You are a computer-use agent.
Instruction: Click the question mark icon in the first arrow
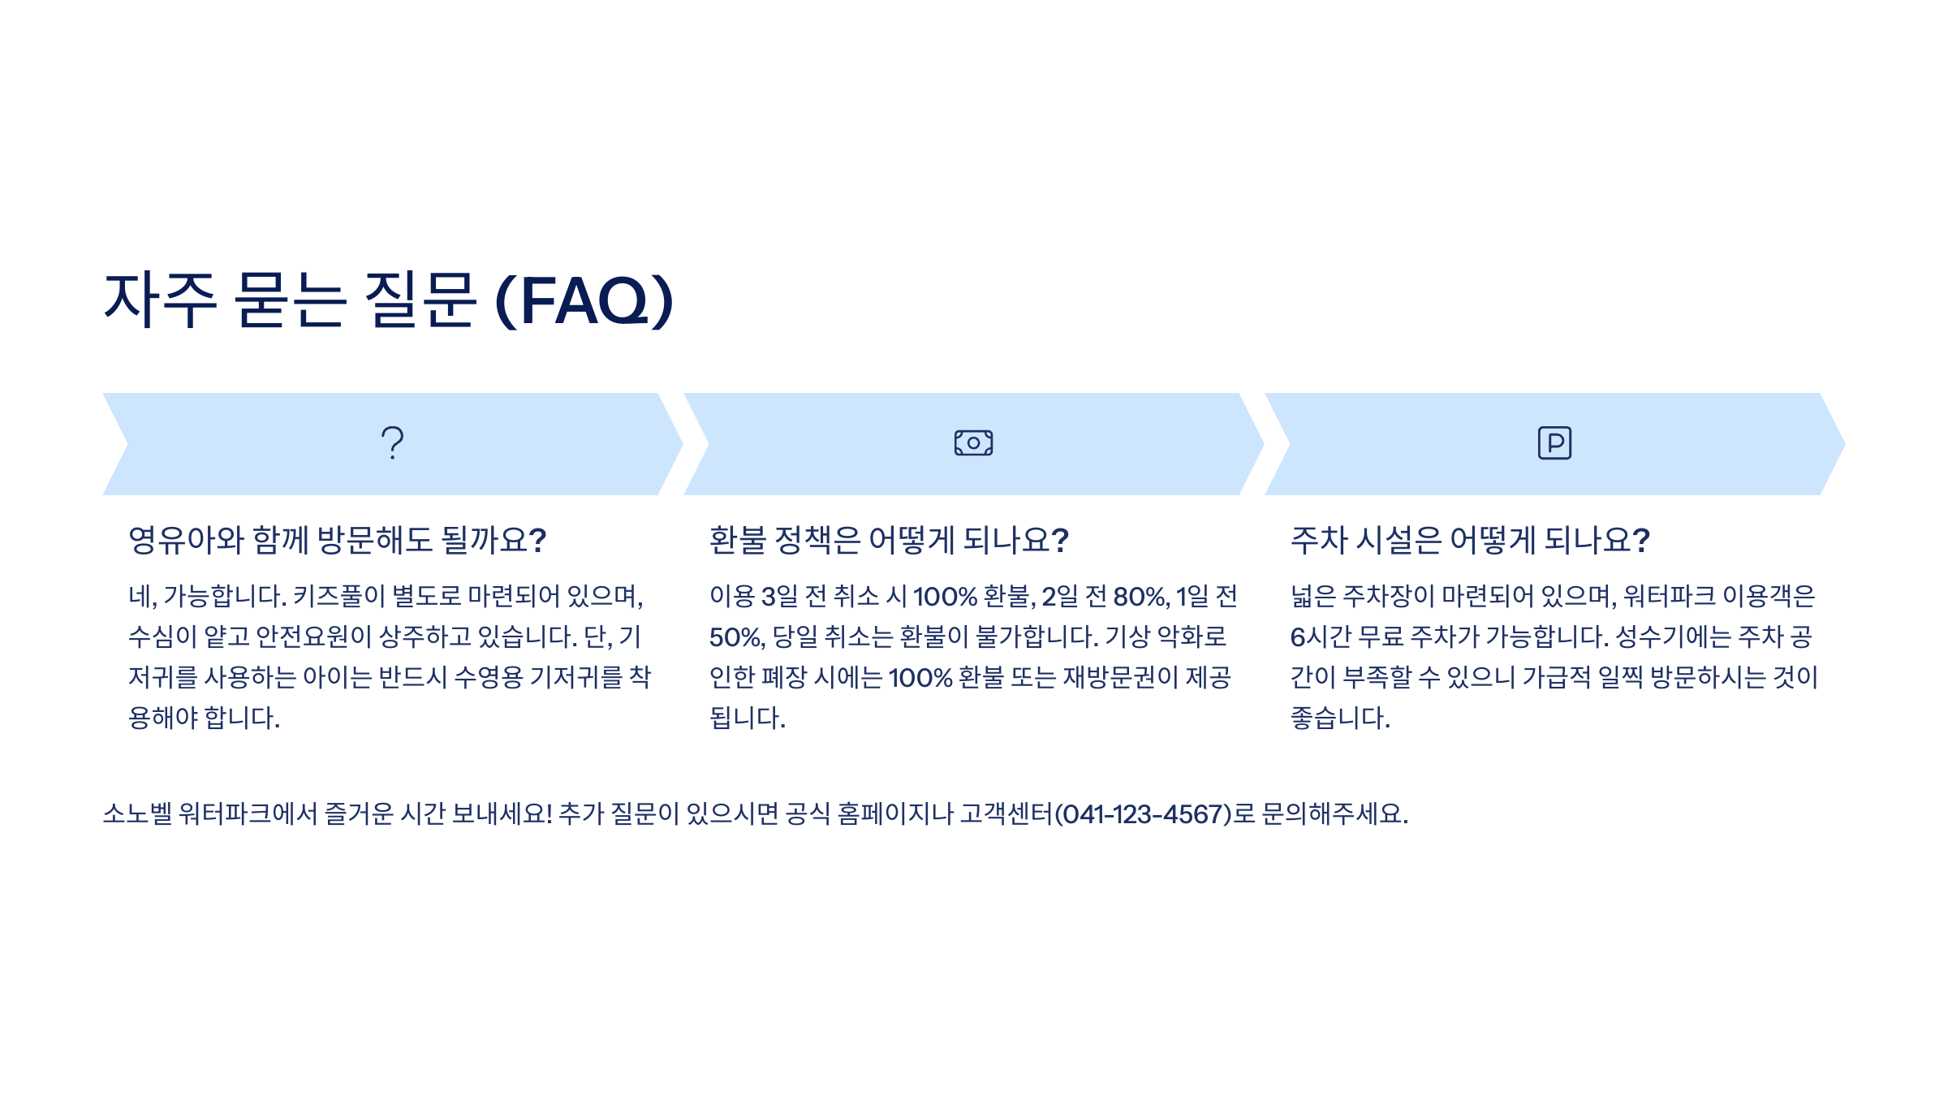point(393,443)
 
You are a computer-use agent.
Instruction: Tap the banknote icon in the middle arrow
point(973,443)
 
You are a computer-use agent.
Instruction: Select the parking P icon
point(1554,443)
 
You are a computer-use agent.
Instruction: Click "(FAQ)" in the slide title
point(584,300)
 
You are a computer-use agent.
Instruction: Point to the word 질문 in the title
point(420,300)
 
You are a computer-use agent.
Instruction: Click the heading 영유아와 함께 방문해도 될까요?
point(337,541)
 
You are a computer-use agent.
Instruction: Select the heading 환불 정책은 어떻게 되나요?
point(889,541)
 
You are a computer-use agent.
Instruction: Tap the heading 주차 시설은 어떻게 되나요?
point(1470,541)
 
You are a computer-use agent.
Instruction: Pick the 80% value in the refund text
point(1140,597)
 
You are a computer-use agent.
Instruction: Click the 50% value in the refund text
point(736,637)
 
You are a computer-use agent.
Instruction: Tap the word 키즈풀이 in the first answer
point(338,597)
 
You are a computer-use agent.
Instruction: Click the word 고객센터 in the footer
point(1006,813)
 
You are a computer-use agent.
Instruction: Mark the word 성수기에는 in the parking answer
point(1672,637)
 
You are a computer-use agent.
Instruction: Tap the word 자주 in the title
point(161,300)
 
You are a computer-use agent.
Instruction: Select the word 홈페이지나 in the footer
point(895,813)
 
